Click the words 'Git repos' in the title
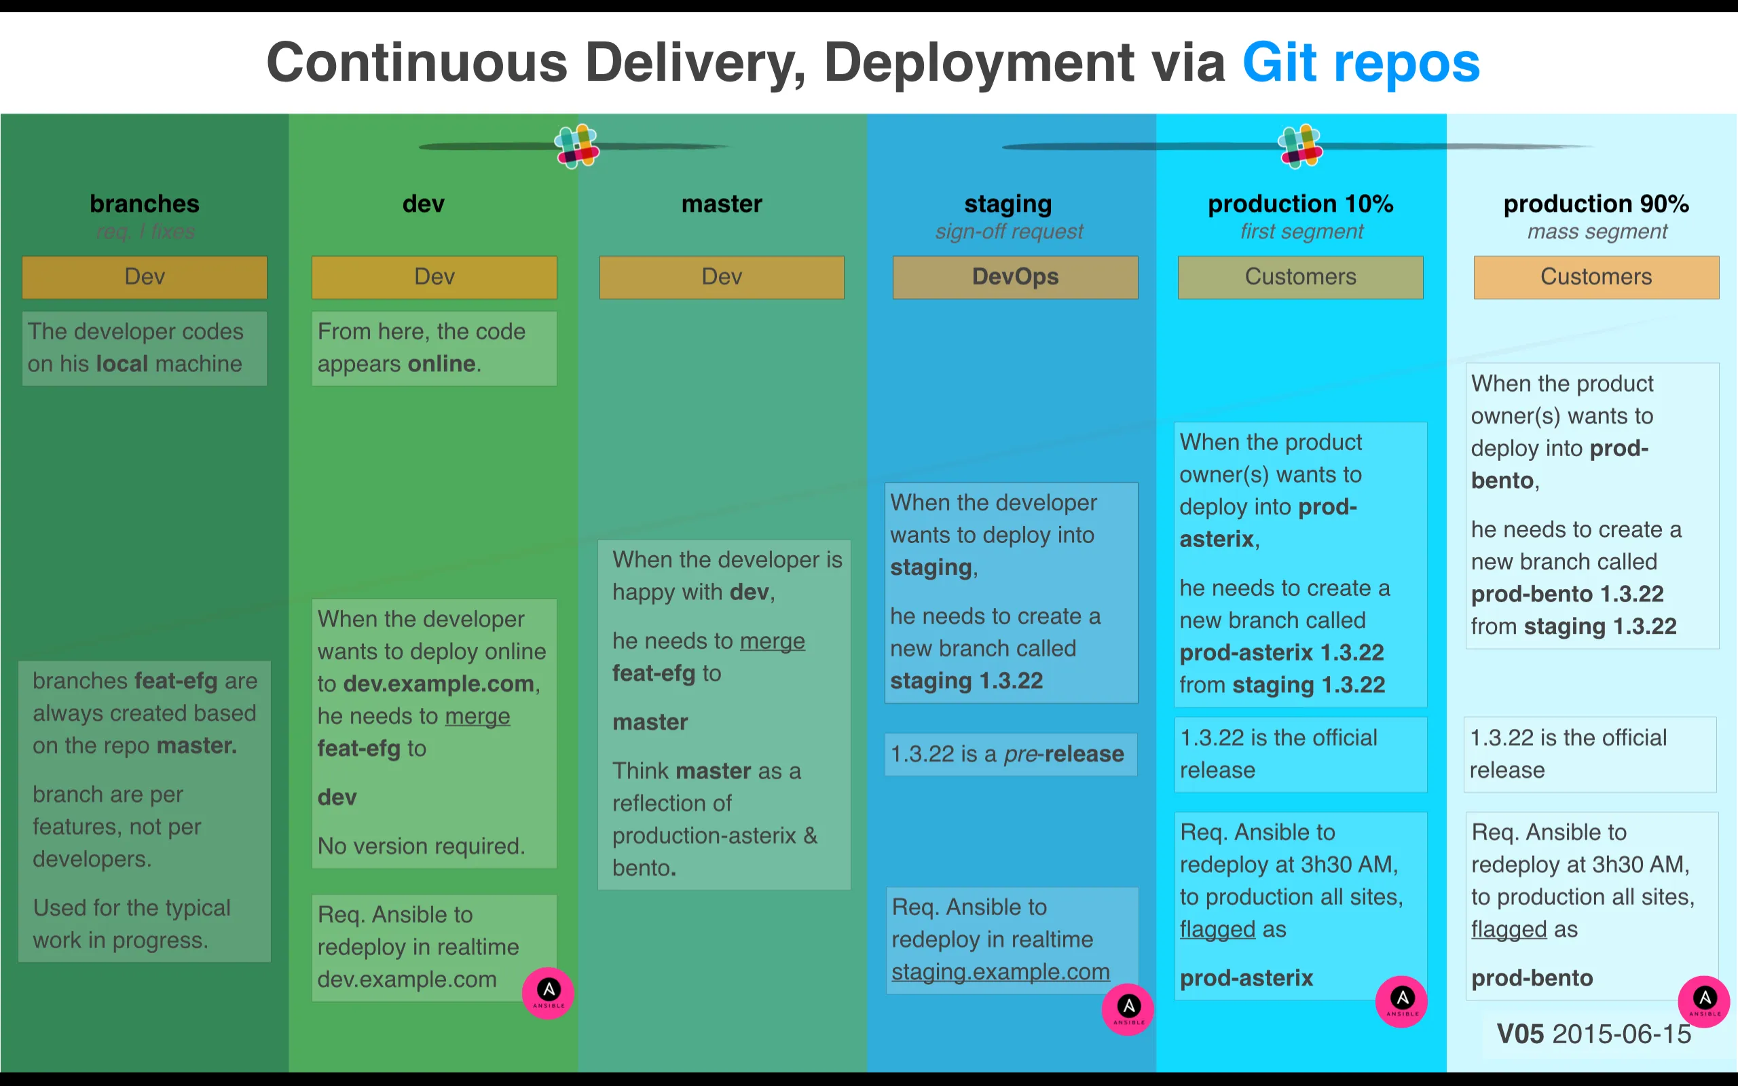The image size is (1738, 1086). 1361,63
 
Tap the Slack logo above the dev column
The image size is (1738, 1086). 576,146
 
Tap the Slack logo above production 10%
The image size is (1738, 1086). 1300,146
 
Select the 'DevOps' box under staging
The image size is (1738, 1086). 1015,276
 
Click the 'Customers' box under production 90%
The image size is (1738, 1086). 1596,276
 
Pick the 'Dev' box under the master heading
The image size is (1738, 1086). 722,276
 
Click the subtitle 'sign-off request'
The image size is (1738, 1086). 1008,231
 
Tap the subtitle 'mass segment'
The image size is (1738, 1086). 1597,231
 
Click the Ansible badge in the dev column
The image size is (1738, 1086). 548,992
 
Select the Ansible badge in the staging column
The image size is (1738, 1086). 1128,1009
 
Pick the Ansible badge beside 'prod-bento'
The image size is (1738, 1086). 1703,1000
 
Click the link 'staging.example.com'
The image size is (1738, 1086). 1001,972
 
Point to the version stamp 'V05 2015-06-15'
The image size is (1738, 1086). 1593,1034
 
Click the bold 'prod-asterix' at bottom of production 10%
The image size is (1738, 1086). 1246,977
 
